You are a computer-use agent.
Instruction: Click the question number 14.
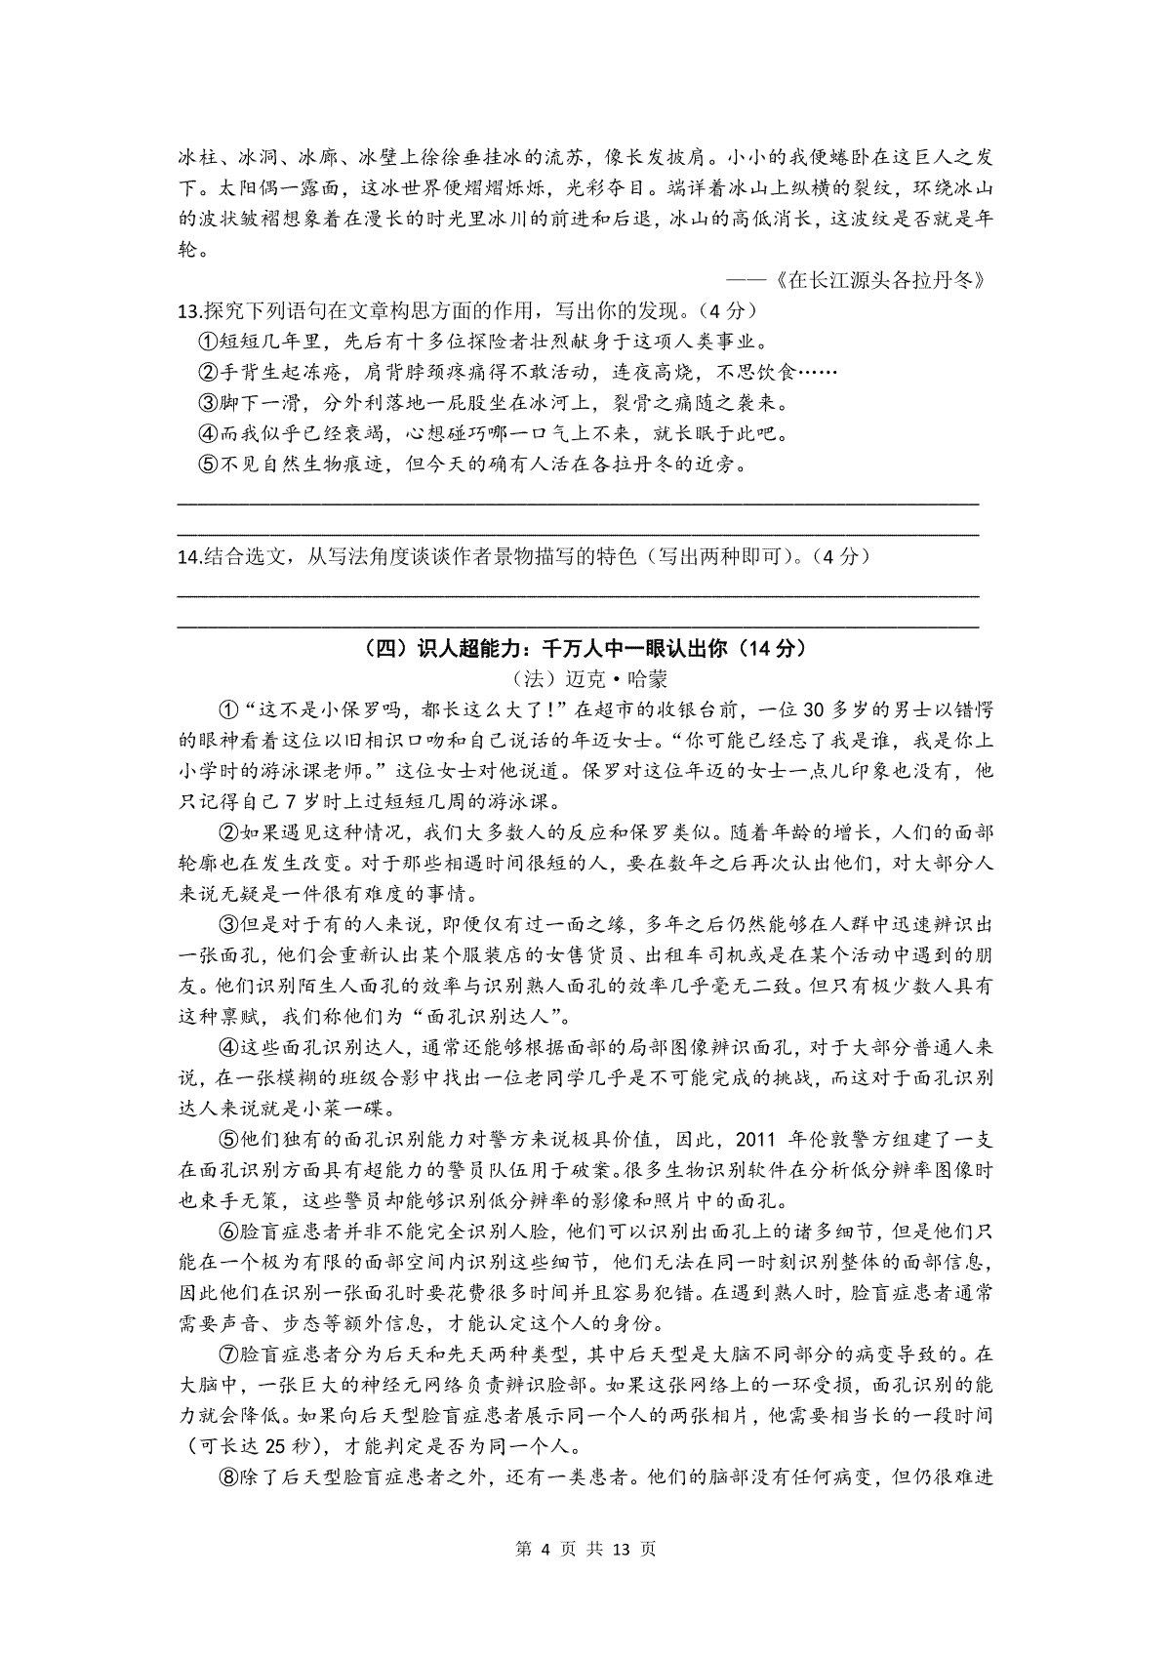188,557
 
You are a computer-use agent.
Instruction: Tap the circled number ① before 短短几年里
207,342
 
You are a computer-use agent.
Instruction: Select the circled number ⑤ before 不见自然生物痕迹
207,465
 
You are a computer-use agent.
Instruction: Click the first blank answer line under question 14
578,593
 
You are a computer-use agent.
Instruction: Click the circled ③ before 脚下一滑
207,403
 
